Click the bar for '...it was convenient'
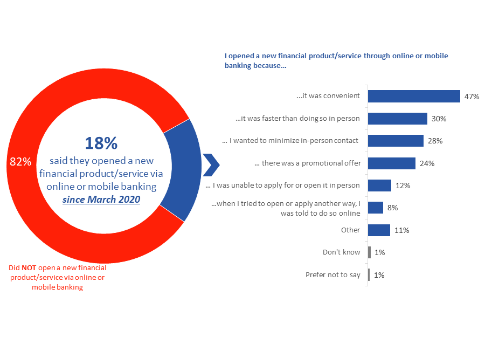point(413,96)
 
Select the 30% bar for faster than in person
point(397,119)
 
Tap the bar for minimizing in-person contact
point(395,141)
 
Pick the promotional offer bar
point(391,163)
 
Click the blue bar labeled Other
point(379,230)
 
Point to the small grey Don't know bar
point(369,252)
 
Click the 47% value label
point(472,97)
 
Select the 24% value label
point(427,163)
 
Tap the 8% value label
point(392,208)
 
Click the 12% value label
point(403,186)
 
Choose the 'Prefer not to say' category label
point(332,275)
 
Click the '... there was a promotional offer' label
point(307,163)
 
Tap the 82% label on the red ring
point(20,162)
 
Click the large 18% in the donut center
point(101,143)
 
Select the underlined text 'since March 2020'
point(101,200)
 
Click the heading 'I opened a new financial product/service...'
point(336,60)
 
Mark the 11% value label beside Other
point(401,230)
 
